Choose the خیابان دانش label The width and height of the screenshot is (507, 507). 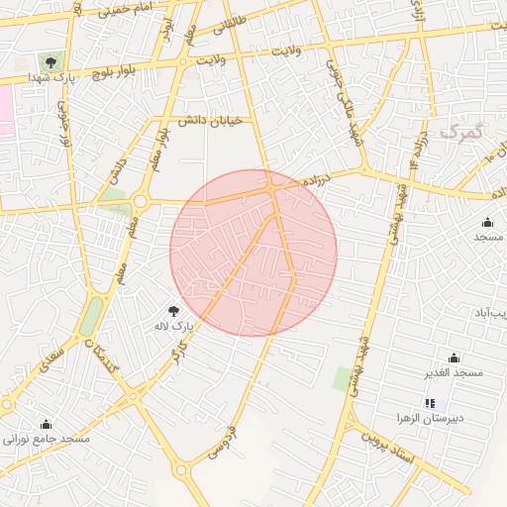(x=216, y=120)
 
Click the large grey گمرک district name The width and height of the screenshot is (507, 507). (x=464, y=132)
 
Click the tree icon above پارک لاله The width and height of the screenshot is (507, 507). (x=175, y=310)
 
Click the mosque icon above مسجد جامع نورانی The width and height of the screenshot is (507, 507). (x=47, y=424)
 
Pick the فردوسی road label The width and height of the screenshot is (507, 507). (x=218, y=443)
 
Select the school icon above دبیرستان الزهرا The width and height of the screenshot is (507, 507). (x=430, y=403)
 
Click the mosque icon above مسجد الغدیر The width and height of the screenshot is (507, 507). (x=454, y=357)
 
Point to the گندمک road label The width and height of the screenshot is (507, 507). (x=102, y=355)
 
